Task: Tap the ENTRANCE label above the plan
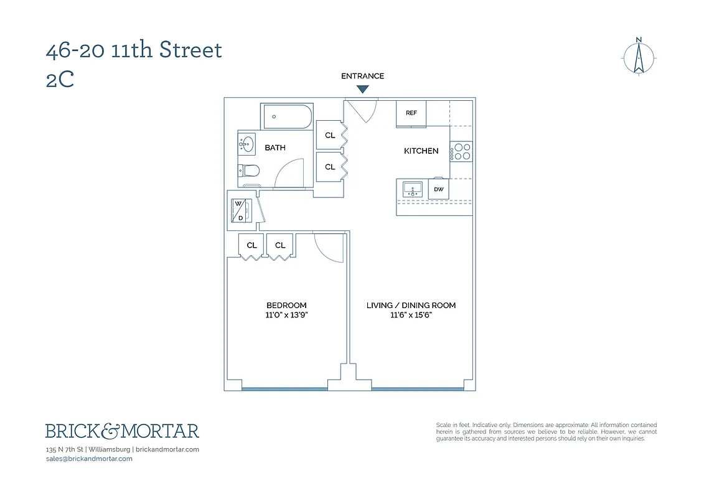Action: tap(362, 76)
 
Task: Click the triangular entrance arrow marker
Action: tap(362, 90)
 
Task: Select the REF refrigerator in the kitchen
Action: tap(411, 114)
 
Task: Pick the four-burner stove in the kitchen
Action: tap(461, 151)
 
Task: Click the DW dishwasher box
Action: tap(438, 189)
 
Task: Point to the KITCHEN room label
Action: tap(421, 151)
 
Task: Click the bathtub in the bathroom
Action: tap(287, 116)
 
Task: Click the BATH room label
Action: tap(275, 148)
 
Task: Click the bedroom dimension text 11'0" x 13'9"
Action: tap(286, 315)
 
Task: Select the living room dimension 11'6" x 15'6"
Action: tap(411, 315)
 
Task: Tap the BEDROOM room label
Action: tap(286, 305)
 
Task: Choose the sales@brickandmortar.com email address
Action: tap(89, 459)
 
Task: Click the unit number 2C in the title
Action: tap(60, 80)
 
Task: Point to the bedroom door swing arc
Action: tap(327, 246)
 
